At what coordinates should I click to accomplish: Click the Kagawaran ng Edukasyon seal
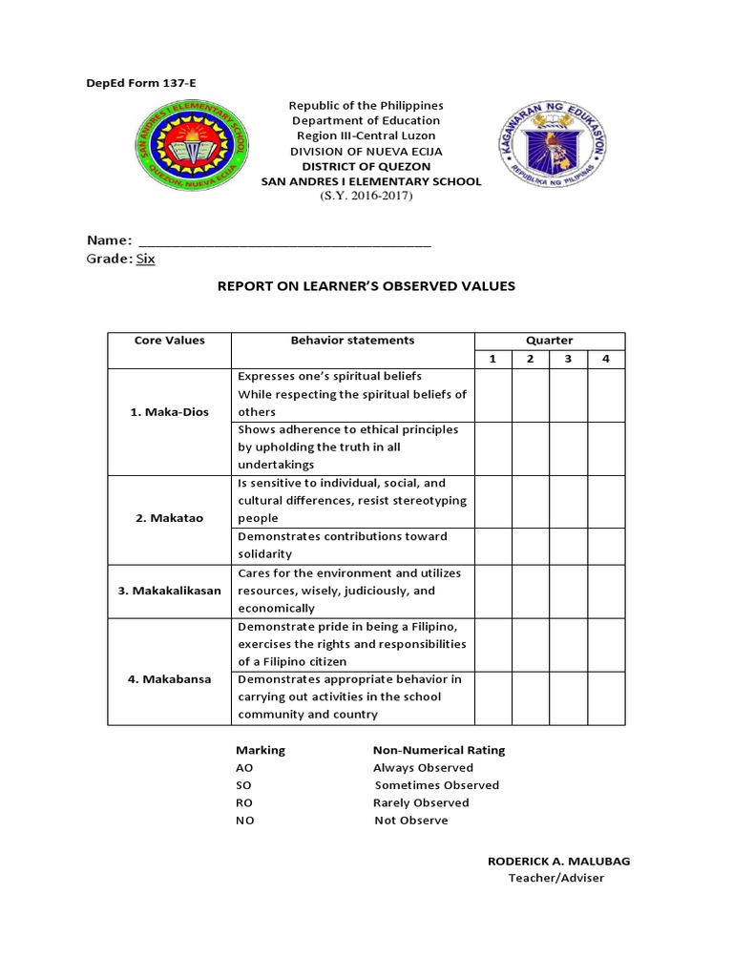click(555, 146)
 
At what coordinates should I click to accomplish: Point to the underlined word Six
click(145, 259)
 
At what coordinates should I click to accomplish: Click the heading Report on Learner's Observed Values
click(367, 286)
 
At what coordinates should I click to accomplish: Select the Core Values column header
click(169, 341)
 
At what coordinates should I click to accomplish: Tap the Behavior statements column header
click(352, 341)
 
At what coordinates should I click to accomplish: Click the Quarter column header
click(549, 341)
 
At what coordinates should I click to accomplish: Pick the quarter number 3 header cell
click(568, 359)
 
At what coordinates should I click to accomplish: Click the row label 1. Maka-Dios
click(169, 412)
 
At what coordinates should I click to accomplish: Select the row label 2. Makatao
click(169, 518)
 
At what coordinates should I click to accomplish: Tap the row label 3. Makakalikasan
click(169, 591)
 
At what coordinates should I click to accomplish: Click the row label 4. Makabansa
click(169, 679)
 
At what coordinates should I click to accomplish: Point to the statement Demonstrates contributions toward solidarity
click(341, 545)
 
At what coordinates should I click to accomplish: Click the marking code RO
click(245, 802)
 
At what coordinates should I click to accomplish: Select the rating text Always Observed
click(423, 767)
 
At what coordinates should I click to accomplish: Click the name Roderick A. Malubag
click(558, 861)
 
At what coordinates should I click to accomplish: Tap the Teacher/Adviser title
click(556, 878)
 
